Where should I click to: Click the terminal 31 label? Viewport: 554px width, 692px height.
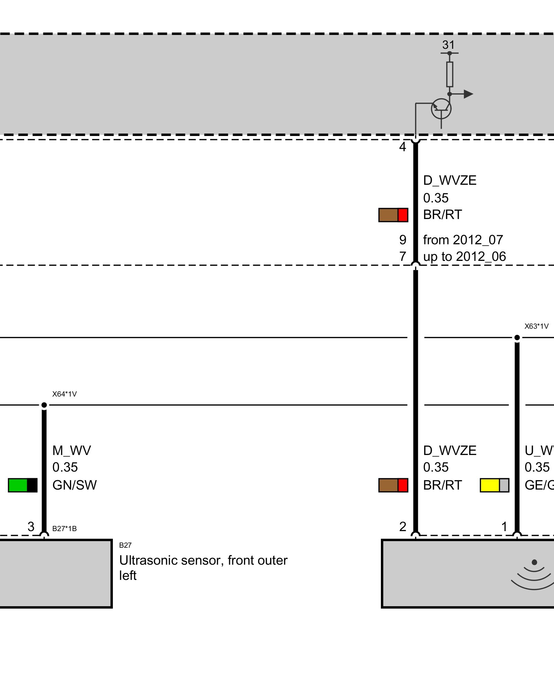[x=448, y=45]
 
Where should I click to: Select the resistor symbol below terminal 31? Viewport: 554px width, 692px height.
[x=449, y=74]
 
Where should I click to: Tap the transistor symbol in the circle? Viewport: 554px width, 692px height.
[x=441, y=109]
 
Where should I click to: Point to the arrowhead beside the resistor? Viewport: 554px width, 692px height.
[x=468, y=94]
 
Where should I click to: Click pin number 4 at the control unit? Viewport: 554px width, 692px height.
[x=402, y=147]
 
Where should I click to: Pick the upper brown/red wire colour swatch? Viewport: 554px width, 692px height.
[x=393, y=215]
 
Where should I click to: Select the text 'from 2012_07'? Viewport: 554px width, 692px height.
[x=463, y=240]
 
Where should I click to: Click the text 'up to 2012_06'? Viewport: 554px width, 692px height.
[x=464, y=256]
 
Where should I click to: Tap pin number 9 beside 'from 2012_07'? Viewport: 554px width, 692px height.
[x=403, y=240]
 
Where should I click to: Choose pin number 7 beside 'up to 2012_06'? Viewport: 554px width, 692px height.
[x=403, y=256]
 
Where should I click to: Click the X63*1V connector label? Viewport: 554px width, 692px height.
[x=536, y=326]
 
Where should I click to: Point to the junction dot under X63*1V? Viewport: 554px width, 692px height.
[x=517, y=337]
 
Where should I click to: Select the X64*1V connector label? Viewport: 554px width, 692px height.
[x=64, y=394]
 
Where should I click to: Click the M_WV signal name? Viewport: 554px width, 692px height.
[x=72, y=450]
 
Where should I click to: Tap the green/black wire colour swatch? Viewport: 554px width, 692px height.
[x=23, y=485]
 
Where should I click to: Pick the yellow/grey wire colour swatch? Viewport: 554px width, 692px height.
[x=494, y=485]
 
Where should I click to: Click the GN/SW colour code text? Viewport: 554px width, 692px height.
[x=74, y=485]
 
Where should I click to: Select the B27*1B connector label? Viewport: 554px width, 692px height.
[x=64, y=529]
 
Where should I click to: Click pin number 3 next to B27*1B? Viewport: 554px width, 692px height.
[x=31, y=527]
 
